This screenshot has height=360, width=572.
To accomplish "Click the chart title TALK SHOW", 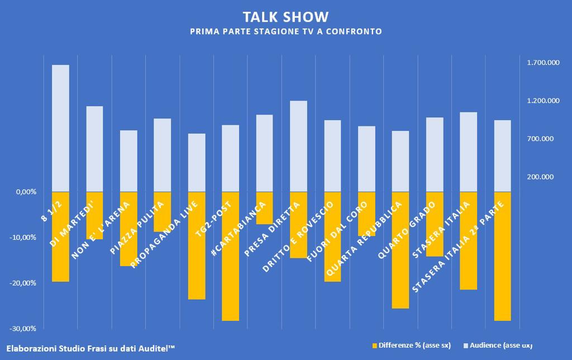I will pyautogui.click(x=285, y=17).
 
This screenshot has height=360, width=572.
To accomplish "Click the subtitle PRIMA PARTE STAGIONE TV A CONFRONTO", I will pyautogui.click(x=285, y=32).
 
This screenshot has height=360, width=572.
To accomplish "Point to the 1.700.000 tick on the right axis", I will pyautogui.click(x=543, y=63).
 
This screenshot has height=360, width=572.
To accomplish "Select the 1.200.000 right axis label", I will pyautogui.click(x=543, y=101).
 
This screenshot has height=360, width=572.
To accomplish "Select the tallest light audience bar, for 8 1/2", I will pyautogui.click(x=60, y=128).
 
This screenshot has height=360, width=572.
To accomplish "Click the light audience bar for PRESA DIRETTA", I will pyautogui.click(x=298, y=146).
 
